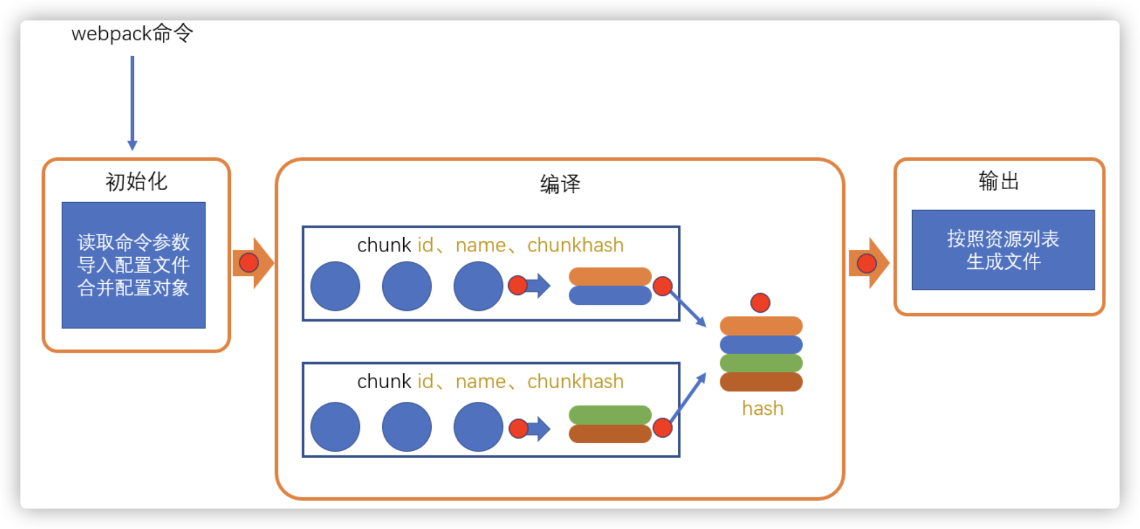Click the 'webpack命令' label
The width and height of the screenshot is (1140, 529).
[132, 33]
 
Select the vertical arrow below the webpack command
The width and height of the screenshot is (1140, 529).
[132, 102]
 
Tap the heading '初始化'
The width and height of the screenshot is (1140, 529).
[136, 182]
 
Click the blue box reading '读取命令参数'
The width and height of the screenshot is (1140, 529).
[134, 265]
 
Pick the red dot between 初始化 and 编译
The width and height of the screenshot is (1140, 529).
[249, 263]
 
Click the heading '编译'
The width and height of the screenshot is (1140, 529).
[560, 184]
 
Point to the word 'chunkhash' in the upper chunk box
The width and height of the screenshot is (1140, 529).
[575, 245]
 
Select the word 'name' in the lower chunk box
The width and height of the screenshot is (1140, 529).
[480, 381]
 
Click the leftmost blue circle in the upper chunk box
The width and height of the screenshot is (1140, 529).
[335, 286]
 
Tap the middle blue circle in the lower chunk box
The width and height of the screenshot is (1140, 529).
[407, 427]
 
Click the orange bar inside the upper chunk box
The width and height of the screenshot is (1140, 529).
[610, 276]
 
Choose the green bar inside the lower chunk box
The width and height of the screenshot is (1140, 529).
[610, 415]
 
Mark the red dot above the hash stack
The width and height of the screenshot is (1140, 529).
[760, 303]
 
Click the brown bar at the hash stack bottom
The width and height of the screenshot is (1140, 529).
[761, 382]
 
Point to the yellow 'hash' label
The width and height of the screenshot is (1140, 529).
[762, 409]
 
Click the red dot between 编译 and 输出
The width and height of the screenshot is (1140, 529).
[866, 263]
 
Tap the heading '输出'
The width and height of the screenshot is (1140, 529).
[999, 182]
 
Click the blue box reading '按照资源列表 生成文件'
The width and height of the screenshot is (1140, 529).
[1003, 250]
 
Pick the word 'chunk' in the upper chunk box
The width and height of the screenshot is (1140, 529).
[384, 245]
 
